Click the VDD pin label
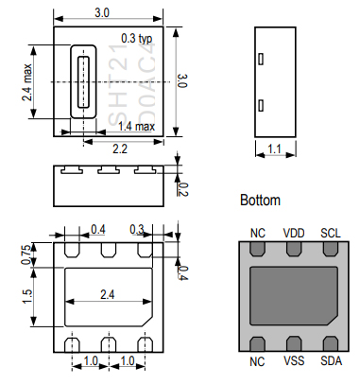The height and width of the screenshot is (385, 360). tap(294, 234)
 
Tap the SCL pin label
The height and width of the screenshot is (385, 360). tap(331, 234)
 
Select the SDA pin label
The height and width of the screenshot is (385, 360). tap(331, 360)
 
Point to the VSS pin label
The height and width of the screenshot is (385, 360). tap(294, 360)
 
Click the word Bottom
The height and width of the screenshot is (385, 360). tap(260, 201)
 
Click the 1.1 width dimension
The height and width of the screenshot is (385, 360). tap(275, 149)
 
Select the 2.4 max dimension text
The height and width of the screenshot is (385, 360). tap(27, 82)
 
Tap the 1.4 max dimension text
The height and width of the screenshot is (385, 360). tap(136, 127)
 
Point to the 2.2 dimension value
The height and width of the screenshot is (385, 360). tap(120, 149)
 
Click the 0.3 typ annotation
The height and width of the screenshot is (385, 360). tap(137, 39)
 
